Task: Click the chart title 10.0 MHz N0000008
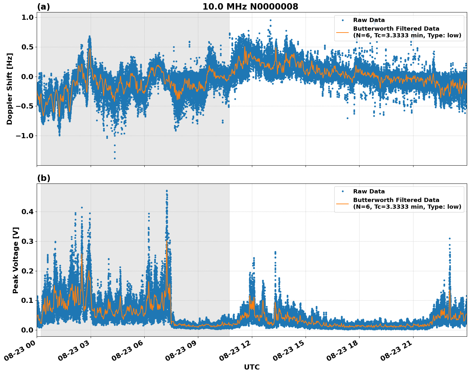[x=250, y=7]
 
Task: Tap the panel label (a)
[x=43, y=7]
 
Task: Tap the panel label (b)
[x=43, y=178]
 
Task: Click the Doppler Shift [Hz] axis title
[x=10, y=89]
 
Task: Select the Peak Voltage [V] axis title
[x=16, y=260]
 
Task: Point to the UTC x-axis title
[x=252, y=367]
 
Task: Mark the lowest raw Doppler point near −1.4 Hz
[x=115, y=158]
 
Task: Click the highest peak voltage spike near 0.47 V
[x=167, y=191]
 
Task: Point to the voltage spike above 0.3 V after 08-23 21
[x=450, y=238]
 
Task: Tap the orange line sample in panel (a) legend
[x=343, y=32]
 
